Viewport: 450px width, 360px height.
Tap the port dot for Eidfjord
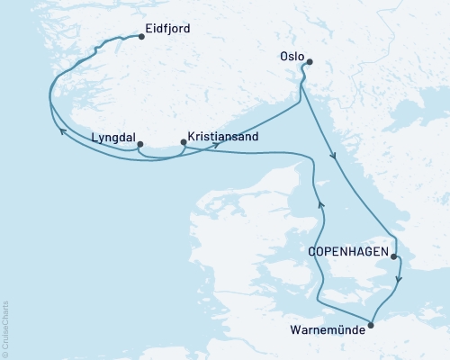click(x=141, y=38)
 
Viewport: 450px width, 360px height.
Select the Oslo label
click(x=291, y=55)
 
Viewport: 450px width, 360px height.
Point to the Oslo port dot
click(x=310, y=62)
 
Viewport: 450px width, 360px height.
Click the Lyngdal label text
click(x=112, y=139)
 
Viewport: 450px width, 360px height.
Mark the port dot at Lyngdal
click(x=139, y=142)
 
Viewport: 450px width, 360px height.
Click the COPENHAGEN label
click(x=348, y=254)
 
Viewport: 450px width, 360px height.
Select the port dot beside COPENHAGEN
click(x=393, y=257)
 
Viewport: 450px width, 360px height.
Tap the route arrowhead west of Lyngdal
click(x=62, y=131)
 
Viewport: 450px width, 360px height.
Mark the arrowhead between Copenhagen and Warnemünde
click(x=400, y=280)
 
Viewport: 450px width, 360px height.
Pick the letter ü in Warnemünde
click(x=346, y=329)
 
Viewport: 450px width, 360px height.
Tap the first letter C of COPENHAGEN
click(x=312, y=254)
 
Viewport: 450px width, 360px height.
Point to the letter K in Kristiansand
click(x=190, y=139)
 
